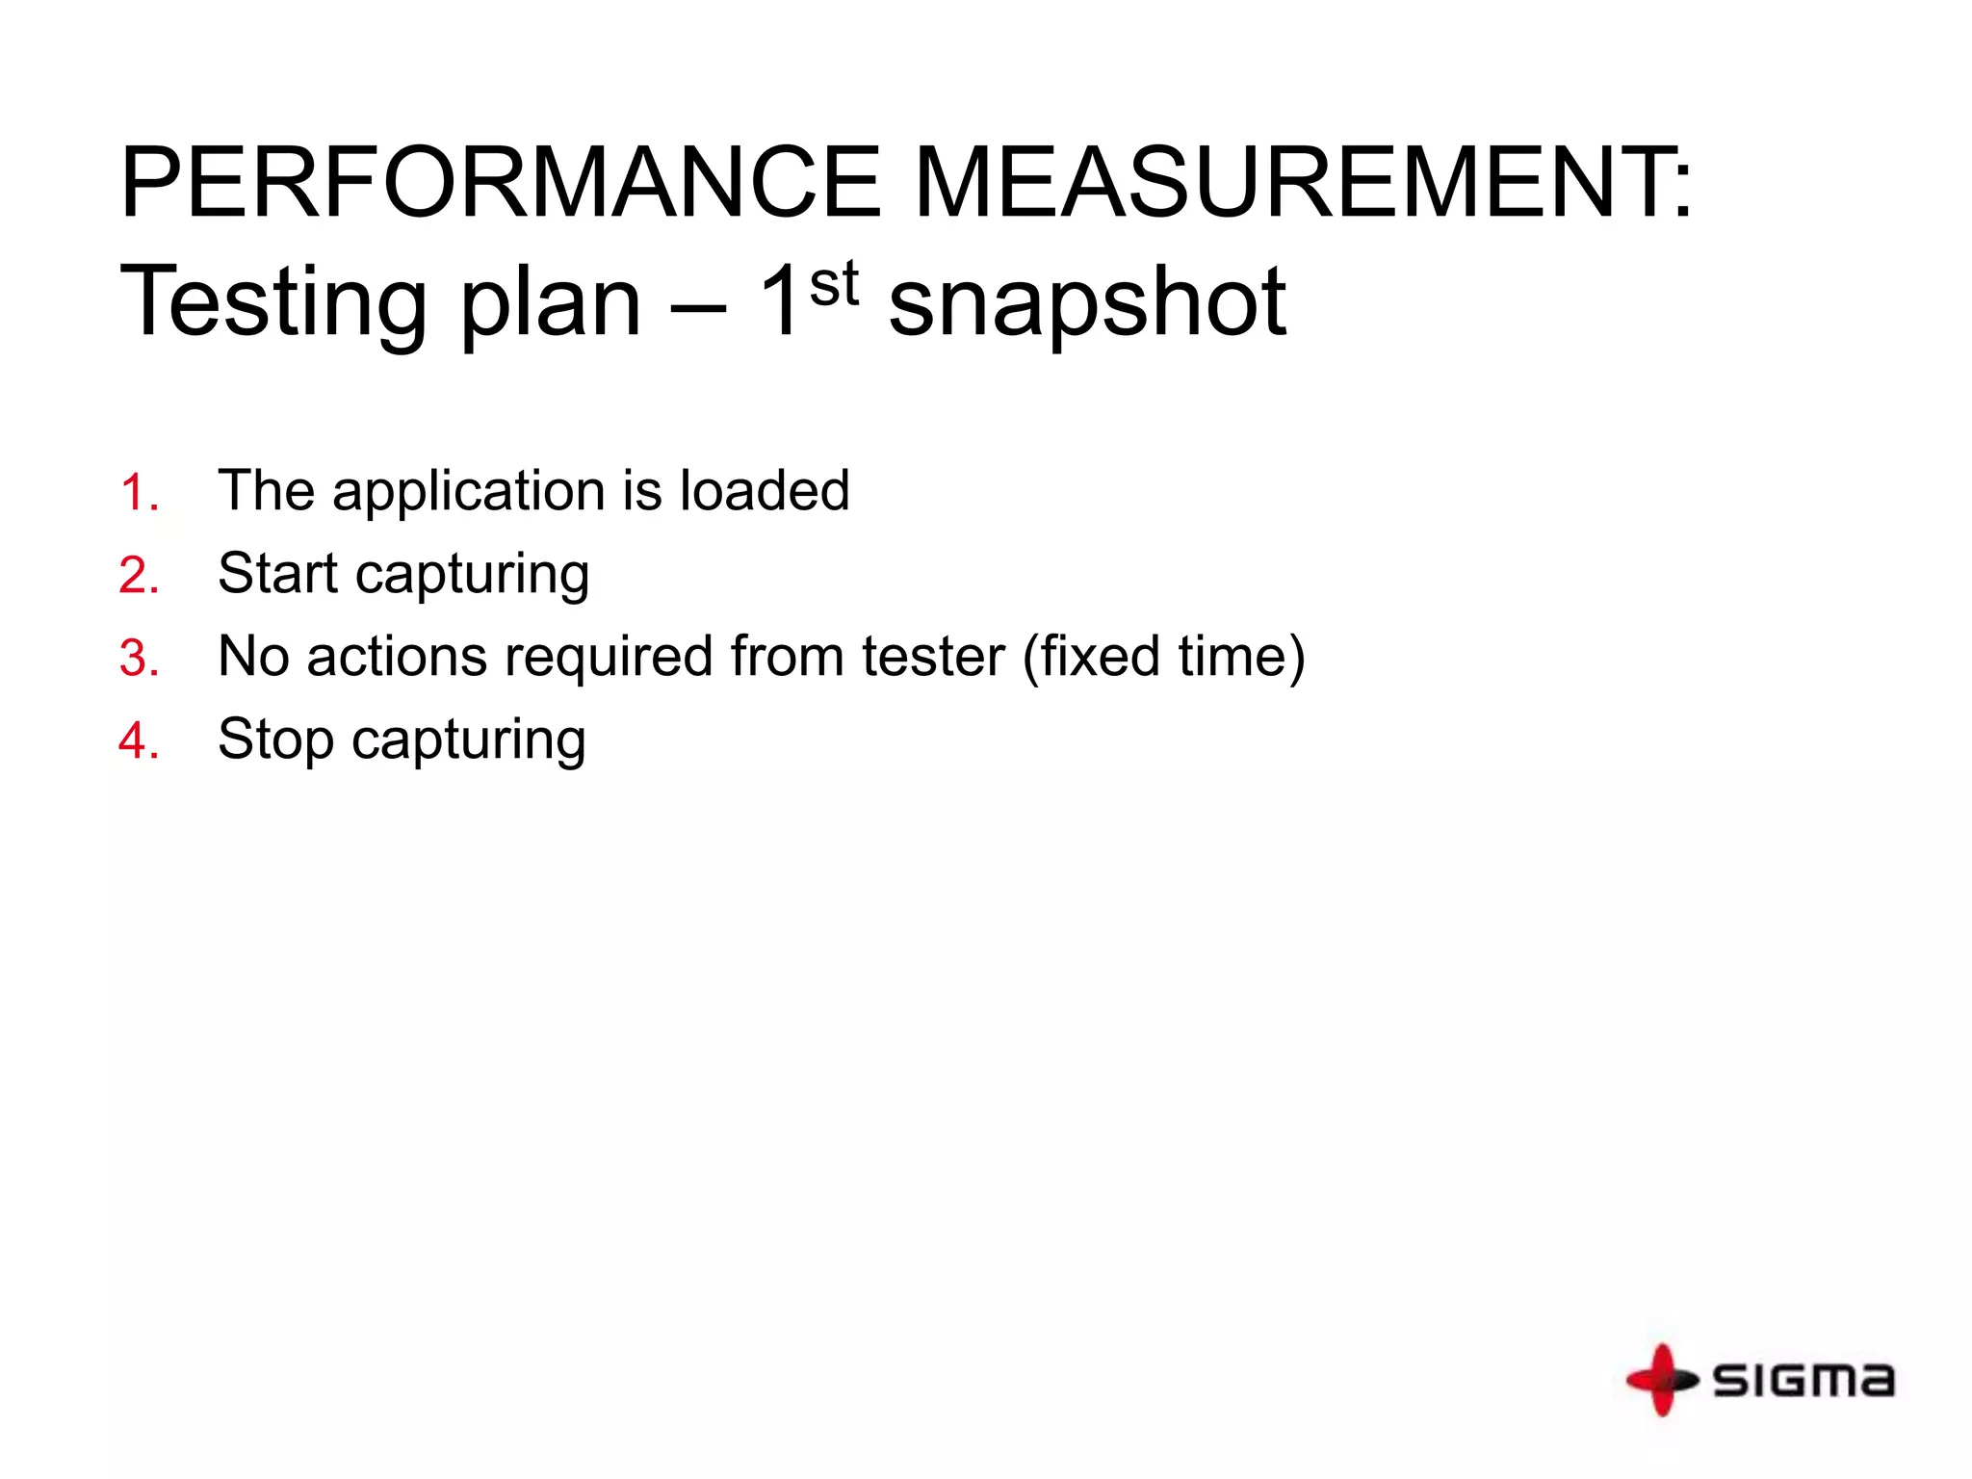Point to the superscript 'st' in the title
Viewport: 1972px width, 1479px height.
tap(834, 284)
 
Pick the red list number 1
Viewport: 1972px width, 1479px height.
tap(139, 493)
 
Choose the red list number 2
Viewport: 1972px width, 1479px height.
tap(139, 576)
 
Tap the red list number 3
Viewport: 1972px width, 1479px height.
tap(139, 659)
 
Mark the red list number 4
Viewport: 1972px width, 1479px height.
tap(139, 741)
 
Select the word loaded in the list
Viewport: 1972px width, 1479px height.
tap(765, 490)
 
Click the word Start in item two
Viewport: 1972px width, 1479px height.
tap(278, 574)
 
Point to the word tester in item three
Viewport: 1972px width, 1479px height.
tap(933, 657)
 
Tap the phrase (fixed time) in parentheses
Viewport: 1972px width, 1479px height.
tap(1163, 658)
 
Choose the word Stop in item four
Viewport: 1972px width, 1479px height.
tap(275, 740)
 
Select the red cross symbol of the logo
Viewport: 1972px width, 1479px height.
tap(1661, 1380)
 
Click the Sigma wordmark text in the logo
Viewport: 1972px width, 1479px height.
tap(1803, 1380)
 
